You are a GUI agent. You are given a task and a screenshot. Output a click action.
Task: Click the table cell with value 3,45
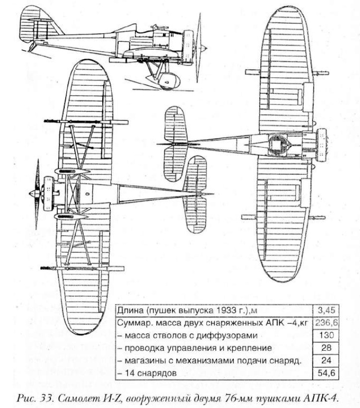coord(325,311)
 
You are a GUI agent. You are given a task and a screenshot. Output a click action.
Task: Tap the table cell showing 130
coord(325,335)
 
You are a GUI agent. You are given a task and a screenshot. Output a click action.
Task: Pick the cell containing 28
coord(325,347)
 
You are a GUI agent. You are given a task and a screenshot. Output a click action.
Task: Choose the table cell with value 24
coord(325,360)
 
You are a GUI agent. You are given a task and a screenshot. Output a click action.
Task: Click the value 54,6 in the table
coord(325,372)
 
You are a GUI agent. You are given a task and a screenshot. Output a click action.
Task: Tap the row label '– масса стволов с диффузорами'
coord(184,335)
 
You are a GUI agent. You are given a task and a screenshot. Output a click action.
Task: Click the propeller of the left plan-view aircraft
coord(35,192)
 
